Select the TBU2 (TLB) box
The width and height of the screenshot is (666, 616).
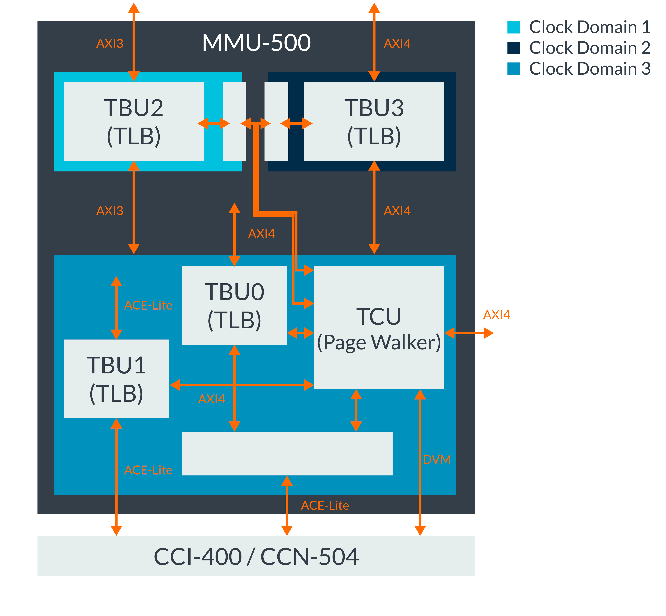click(x=134, y=122)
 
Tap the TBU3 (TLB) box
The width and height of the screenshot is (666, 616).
click(x=374, y=122)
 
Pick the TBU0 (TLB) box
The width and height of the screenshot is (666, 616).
click(x=234, y=305)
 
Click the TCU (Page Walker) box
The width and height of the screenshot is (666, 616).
click(x=379, y=327)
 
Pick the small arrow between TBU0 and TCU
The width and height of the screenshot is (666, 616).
click(x=300, y=333)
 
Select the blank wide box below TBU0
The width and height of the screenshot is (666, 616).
click(x=287, y=453)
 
